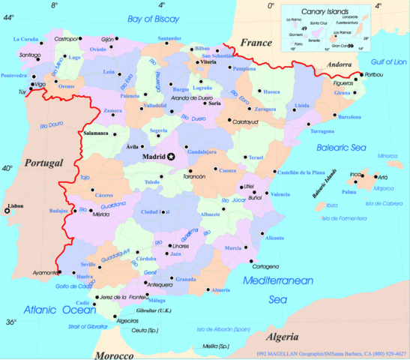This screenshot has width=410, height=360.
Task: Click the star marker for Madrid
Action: point(172,156)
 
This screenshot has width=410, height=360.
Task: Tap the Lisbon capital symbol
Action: point(7,211)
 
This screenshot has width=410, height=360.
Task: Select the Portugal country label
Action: point(43,163)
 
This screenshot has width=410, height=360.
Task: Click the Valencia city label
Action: point(280,194)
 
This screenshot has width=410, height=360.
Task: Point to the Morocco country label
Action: point(118,353)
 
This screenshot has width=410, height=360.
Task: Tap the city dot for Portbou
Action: point(361,75)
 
